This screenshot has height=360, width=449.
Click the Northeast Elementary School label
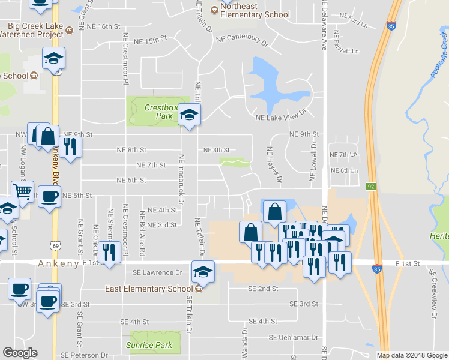click(x=255, y=11)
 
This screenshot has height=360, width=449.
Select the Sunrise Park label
click(x=149, y=345)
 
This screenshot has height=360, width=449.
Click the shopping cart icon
click(x=22, y=191)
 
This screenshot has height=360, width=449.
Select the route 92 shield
click(x=372, y=187)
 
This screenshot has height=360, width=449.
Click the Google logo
click(x=20, y=353)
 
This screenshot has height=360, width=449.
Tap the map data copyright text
click(x=412, y=355)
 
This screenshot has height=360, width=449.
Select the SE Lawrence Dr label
click(x=158, y=272)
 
